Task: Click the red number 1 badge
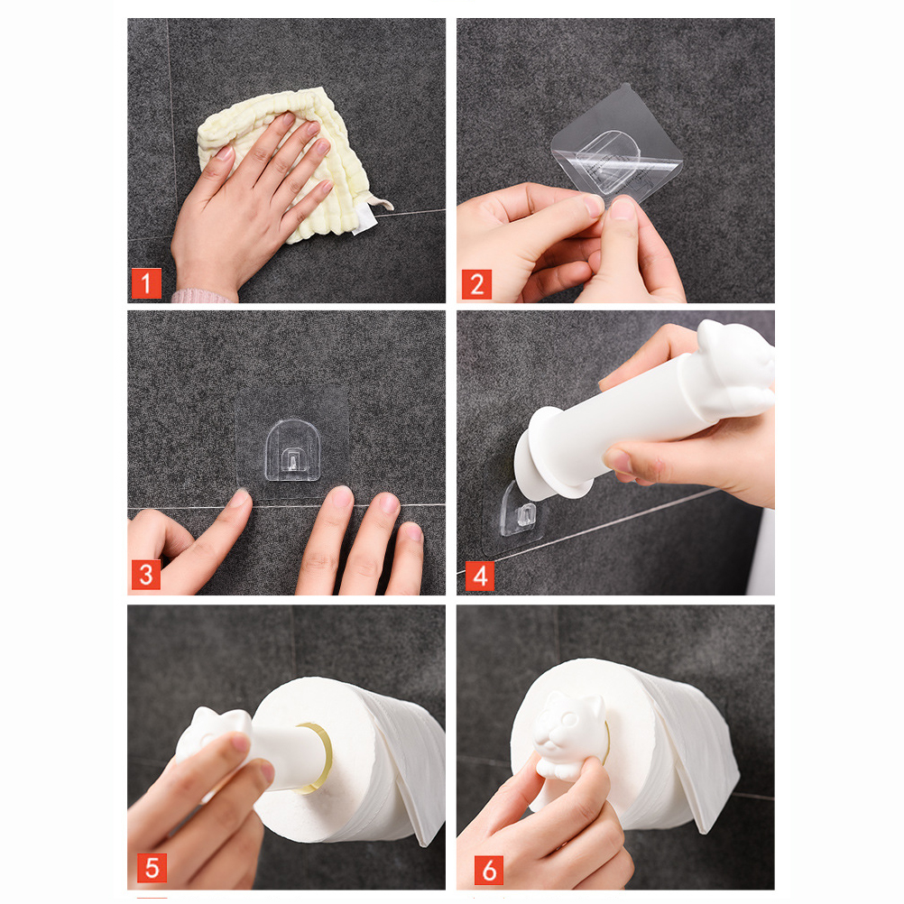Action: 146,283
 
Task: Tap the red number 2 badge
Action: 476,283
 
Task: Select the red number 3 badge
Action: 146,575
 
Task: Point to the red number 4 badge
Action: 480,576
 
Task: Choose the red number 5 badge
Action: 152,868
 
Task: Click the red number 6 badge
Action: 488,870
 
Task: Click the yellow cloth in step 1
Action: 289,161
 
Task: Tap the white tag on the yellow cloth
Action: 364,220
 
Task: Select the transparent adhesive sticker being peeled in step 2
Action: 617,150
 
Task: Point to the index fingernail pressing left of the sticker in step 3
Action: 239,497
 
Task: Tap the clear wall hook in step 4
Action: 521,511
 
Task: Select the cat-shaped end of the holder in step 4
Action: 735,369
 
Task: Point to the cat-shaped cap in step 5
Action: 213,743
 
